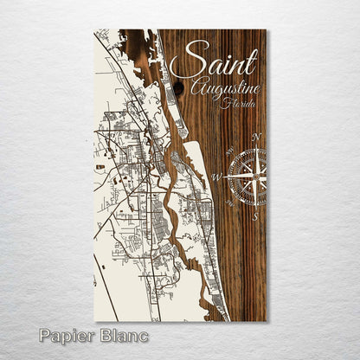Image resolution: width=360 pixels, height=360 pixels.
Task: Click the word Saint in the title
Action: point(214,63)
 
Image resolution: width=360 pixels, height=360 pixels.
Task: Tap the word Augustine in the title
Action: point(222,89)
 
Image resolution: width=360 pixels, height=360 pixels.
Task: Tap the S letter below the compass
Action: point(254,216)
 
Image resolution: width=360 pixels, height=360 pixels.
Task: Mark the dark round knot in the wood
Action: point(178,87)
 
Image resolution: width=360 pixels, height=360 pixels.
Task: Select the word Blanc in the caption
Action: point(124,335)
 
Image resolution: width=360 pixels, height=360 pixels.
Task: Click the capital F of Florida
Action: point(224,105)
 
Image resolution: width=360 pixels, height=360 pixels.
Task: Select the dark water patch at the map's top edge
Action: point(137,39)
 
